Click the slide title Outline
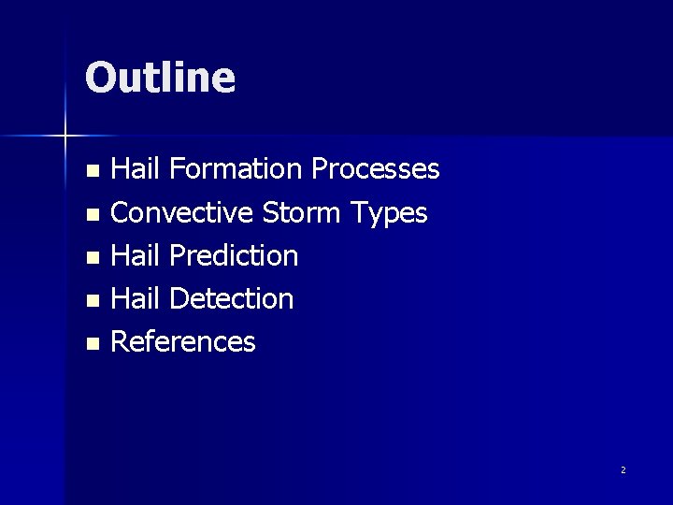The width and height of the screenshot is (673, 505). tap(160, 77)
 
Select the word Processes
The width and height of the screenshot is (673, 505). tap(375, 169)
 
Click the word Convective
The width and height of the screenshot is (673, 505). tap(181, 213)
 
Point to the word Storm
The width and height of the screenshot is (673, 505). tap(301, 213)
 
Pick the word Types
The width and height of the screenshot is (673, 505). tap(388, 214)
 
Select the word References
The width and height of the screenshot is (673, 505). tap(182, 342)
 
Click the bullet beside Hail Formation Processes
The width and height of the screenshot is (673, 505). tap(92, 171)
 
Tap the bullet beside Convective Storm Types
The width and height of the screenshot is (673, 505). tap(92, 215)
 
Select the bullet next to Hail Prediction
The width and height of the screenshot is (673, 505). tap(92, 257)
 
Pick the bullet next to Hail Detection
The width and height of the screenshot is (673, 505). tap(92, 301)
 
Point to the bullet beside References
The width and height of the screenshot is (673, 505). tap(92, 344)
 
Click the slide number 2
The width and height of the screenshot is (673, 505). tap(623, 469)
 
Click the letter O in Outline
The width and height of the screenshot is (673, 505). tap(100, 78)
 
